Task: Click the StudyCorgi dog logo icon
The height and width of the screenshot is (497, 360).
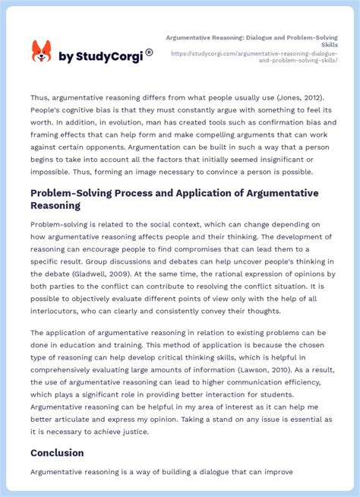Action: click(41, 52)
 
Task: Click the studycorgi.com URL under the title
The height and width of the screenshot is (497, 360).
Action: click(254, 57)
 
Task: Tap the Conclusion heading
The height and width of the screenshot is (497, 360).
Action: click(57, 453)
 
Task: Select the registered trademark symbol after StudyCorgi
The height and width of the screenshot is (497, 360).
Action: click(150, 52)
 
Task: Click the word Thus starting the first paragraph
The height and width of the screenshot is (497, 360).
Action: click(40, 97)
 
